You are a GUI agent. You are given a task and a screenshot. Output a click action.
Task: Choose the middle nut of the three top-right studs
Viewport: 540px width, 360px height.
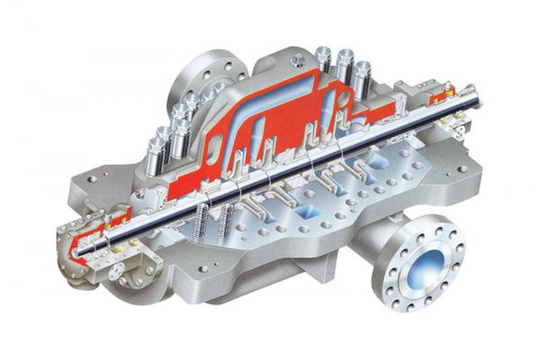coord(346,61)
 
